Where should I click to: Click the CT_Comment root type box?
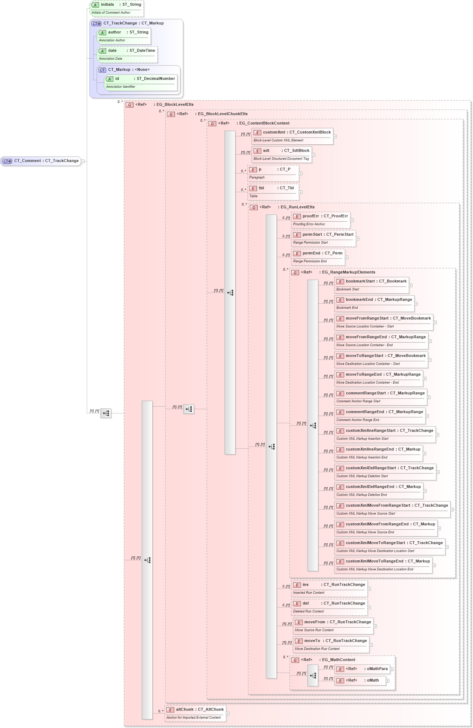tap(41, 161)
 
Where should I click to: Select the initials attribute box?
tap(116, 8)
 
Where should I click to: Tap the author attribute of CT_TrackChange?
tap(123, 36)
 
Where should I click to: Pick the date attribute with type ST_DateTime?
tap(127, 54)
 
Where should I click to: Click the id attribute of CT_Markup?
tap(141, 82)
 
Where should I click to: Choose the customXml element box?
tap(292, 136)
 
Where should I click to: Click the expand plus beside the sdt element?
tap(314, 155)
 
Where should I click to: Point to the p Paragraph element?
tap(273, 173)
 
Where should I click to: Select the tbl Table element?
tap(273, 192)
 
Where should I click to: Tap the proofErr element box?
tap(320, 220)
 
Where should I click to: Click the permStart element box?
tap(323, 238)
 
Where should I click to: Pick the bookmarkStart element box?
tap(371, 285)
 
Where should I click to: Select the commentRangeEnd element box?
tap(380, 416)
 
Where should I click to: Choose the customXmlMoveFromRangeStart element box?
tap(392, 509)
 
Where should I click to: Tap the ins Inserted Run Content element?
tap(329, 588)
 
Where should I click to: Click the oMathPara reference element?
tap(362, 669)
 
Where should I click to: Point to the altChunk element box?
tap(195, 713)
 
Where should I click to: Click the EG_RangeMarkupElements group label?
tap(348, 272)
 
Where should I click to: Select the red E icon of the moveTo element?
tap(299, 641)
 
